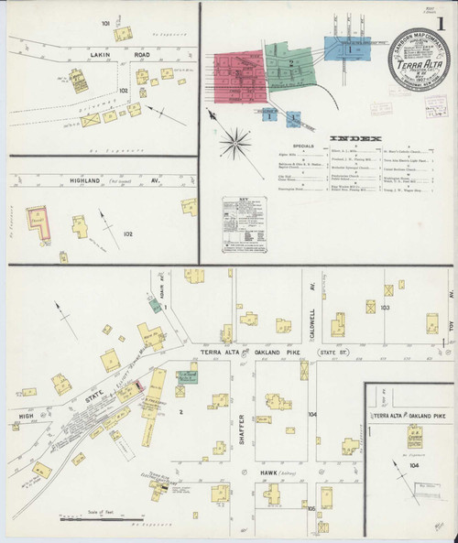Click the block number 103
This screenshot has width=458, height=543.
coord(385,307)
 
